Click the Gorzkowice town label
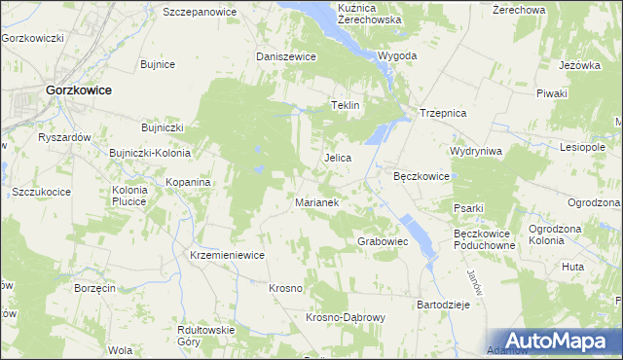coord(78,90)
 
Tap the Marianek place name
coord(316,202)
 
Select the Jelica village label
coord(337,157)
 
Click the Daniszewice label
coord(286,56)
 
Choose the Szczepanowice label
coord(200,12)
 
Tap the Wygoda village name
coord(397,55)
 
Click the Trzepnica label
coord(443,113)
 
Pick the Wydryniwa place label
coord(475,152)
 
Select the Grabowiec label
coord(383,240)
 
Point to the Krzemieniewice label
coord(228,254)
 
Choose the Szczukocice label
coord(42,192)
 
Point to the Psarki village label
coord(468,207)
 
